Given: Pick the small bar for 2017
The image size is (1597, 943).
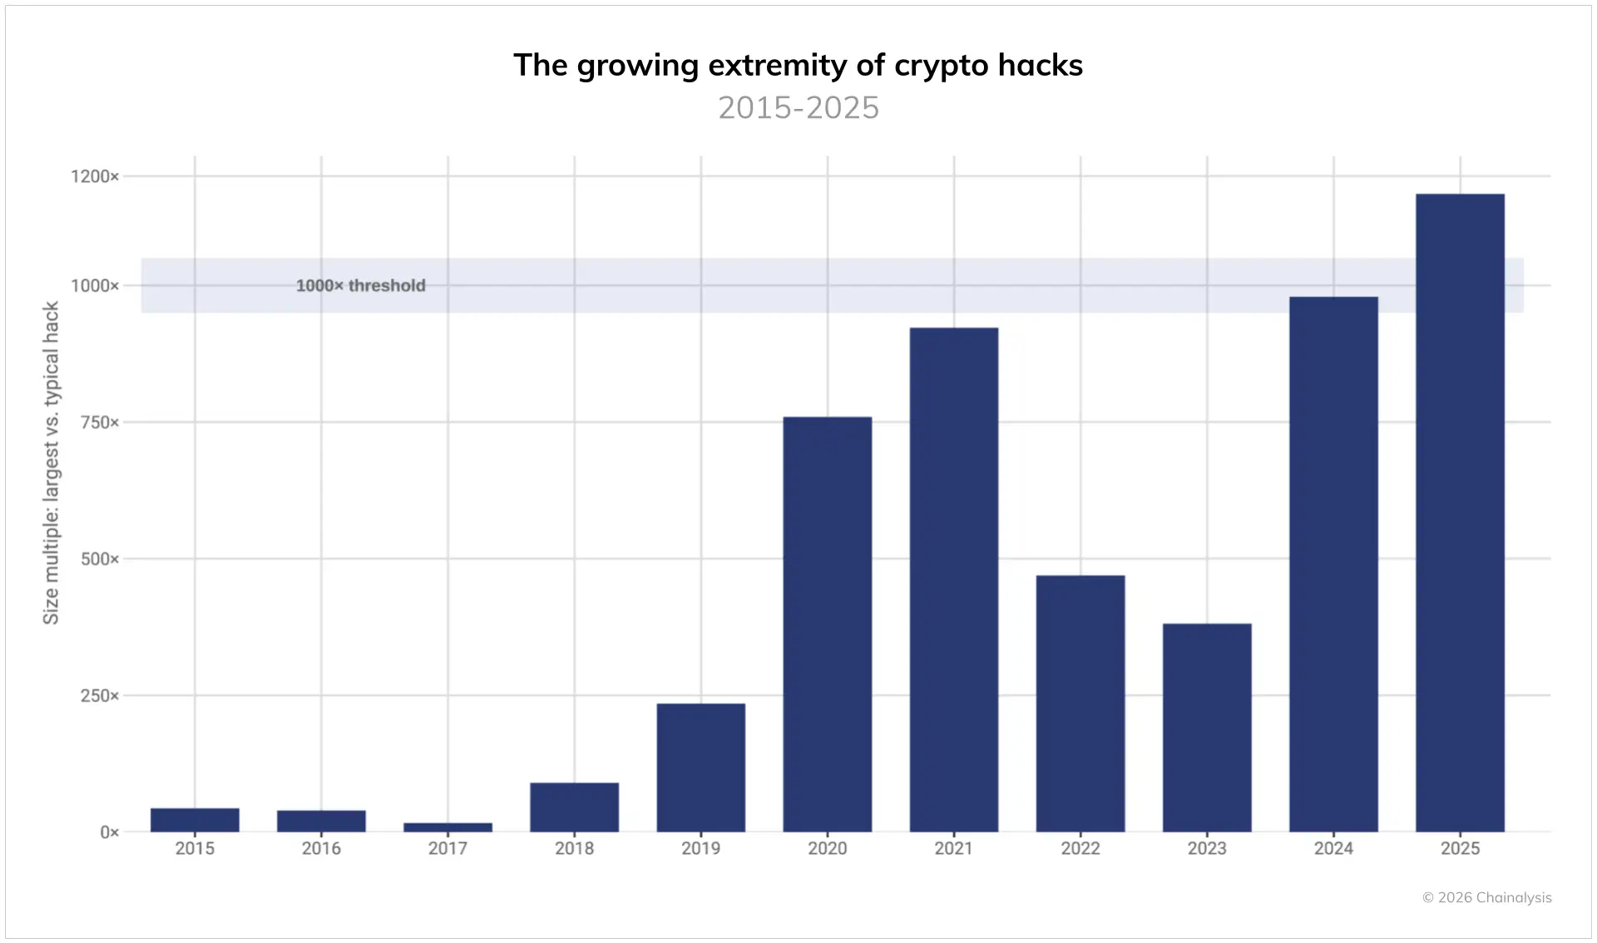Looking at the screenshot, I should (x=447, y=827).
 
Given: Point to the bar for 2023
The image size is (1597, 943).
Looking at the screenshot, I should (x=1207, y=728).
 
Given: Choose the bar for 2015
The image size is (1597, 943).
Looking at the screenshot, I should (x=195, y=820).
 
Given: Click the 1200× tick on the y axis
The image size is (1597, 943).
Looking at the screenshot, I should (x=95, y=176).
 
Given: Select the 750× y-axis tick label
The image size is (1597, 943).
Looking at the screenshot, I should (x=100, y=422).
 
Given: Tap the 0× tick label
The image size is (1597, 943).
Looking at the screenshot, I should (x=110, y=832).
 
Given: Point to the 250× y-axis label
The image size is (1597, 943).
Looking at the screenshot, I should (x=100, y=696).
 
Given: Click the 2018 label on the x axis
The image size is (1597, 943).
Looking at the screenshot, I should (x=574, y=848).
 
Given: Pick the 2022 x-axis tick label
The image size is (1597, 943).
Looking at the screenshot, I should (x=1080, y=848).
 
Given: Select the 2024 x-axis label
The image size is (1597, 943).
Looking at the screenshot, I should (x=1333, y=848).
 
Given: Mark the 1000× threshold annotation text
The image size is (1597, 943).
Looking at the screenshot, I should (x=360, y=286).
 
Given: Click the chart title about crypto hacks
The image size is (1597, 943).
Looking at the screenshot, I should (x=798, y=66).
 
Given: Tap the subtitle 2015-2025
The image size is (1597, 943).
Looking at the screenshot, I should (x=798, y=108).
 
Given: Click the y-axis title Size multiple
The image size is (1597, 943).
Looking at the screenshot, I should (x=52, y=462).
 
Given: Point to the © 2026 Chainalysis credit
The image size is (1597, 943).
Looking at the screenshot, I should (x=1486, y=897).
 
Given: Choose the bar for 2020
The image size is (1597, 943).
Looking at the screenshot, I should (x=827, y=624).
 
